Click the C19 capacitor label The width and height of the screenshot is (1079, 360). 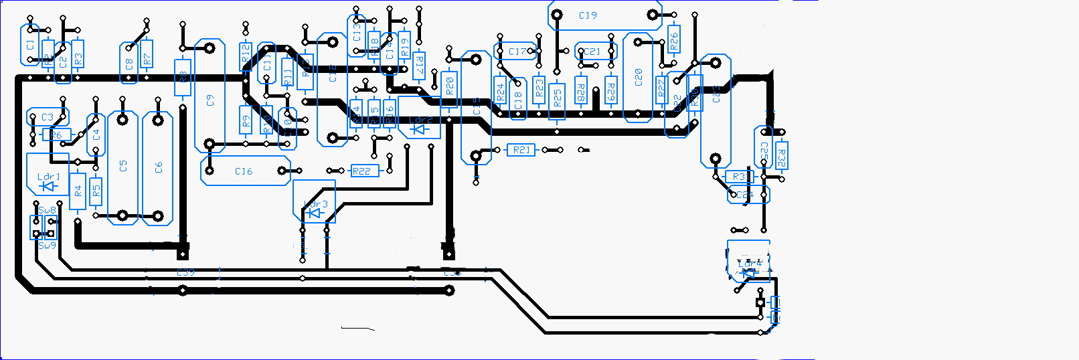pyautogui.click(x=588, y=15)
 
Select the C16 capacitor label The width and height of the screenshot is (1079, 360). pyautogui.click(x=244, y=171)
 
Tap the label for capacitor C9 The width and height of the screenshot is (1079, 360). pyautogui.click(x=210, y=100)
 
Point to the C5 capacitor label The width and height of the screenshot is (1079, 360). pyautogui.click(x=123, y=166)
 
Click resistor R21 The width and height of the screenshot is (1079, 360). pyautogui.click(x=521, y=150)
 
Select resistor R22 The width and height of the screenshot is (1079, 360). pyautogui.click(x=361, y=171)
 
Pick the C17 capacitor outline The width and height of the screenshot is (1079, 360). pyautogui.click(x=517, y=52)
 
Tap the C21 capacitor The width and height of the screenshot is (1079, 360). pyautogui.click(x=593, y=52)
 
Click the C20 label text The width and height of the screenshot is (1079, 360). pyautogui.click(x=639, y=77)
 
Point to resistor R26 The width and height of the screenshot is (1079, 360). pyautogui.click(x=674, y=41)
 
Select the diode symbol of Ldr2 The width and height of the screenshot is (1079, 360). pyautogui.click(x=420, y=128)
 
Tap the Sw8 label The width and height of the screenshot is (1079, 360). pyautogui.click(x=48, y=210)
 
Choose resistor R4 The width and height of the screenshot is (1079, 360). pyautogui.click(x=78, y=191)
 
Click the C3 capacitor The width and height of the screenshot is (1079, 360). pyautogui.click(x=47, y=117)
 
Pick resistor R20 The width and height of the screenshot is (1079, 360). pyautogui.click(x=450, y=85)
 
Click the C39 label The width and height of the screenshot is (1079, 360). pyautogui.click(x=185, y=272)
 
